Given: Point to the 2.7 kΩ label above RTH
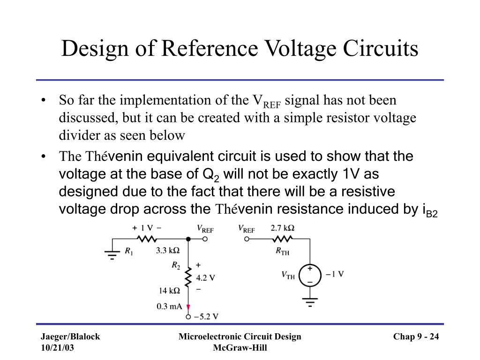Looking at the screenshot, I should (283, 229).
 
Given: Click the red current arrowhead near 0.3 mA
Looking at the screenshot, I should (188, 308).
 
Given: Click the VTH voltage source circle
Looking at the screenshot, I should (309, 275).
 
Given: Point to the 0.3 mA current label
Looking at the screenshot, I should (169, 307).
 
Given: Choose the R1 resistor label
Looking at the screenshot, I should (128, 251).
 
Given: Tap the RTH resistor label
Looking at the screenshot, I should (282, 252).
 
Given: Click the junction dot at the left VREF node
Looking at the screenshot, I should (188, 239).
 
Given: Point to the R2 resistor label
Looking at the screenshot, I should (176, 266).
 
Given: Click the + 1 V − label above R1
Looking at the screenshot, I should (147, 228).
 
